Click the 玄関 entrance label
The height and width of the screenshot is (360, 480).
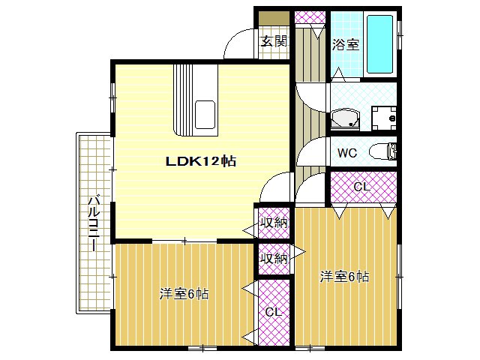(274, 41)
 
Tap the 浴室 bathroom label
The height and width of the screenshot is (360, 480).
(346, 44)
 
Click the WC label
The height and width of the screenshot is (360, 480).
(346, 153)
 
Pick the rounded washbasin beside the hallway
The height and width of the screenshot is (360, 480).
(346, 118)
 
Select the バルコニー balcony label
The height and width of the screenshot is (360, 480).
(94, 221)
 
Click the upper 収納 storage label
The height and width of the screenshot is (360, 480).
(274, 223)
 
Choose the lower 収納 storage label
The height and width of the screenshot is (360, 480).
(274, 259)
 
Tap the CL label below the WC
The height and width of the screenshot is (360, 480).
(362, 187)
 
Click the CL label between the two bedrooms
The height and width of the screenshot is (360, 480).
(273, 311)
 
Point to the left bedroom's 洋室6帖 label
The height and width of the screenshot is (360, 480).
(184, 293)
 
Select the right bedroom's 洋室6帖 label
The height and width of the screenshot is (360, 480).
(344, 277)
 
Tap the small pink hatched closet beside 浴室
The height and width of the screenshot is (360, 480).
(308, 17)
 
